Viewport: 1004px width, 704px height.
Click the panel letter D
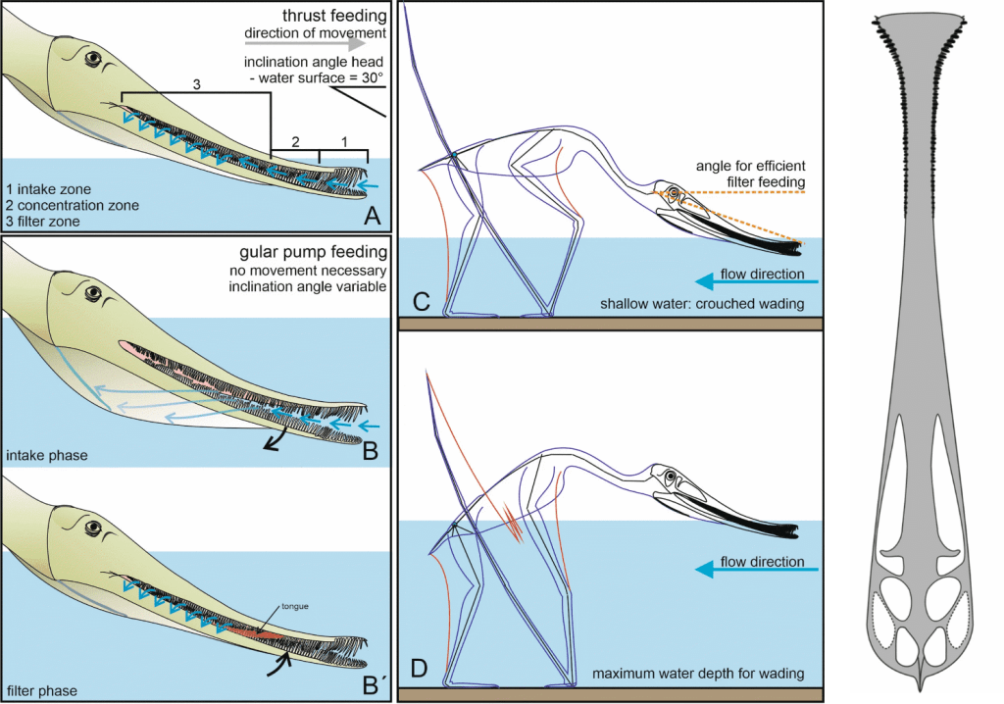point(419,671)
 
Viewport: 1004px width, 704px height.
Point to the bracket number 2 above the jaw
point(295,142)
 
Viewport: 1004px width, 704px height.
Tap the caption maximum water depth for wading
point(698,676)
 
